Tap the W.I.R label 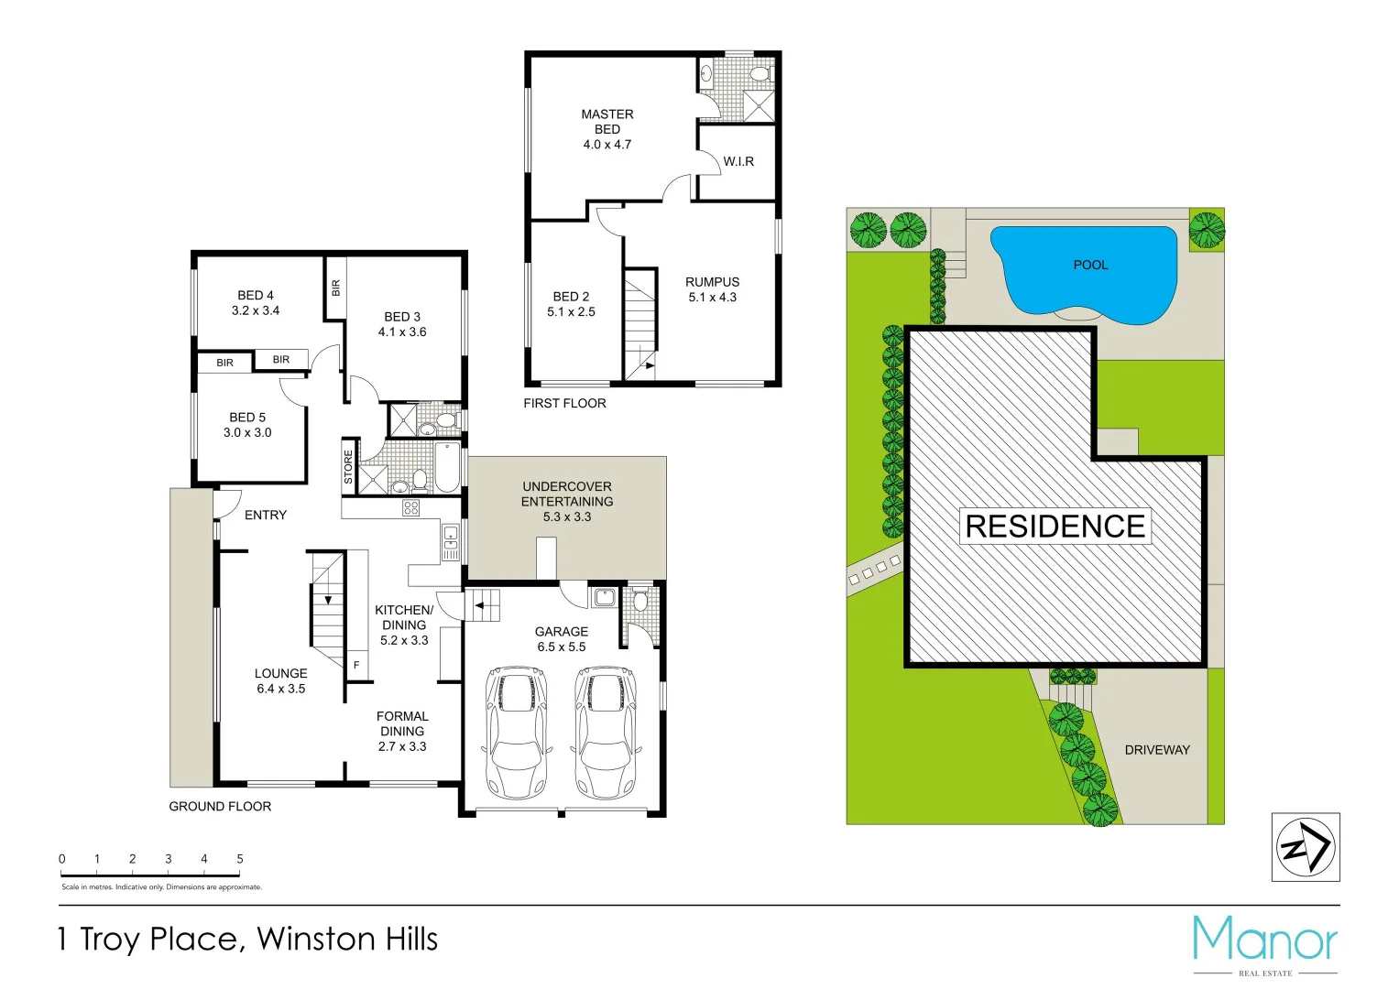tap(738, 162)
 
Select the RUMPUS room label tap(712, 282)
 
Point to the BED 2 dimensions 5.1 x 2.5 tap(571, 312)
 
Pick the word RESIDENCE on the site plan tap(1055, 527)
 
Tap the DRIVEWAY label tap(1157, 750)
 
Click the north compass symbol tap(1306, 848)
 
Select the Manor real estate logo tap(1265, 944)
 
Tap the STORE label tap(348, 467)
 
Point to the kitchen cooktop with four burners tap(410, 508)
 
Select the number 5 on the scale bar tap(240, 859)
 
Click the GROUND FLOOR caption tap(220, 807)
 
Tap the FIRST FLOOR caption tap(564, 404)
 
